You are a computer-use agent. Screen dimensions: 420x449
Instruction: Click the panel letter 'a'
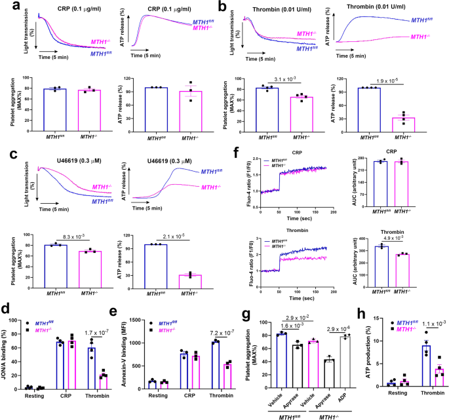[6, 7]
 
